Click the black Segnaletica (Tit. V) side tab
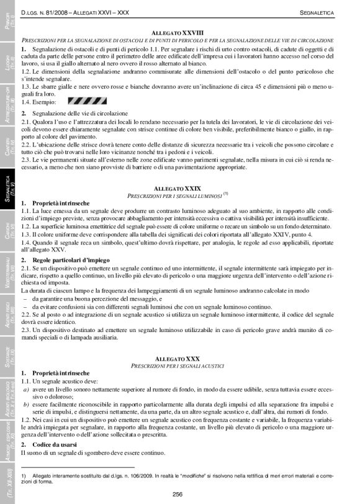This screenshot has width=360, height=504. click(9, 189)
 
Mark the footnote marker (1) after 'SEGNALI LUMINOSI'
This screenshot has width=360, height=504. click(227, 193)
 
